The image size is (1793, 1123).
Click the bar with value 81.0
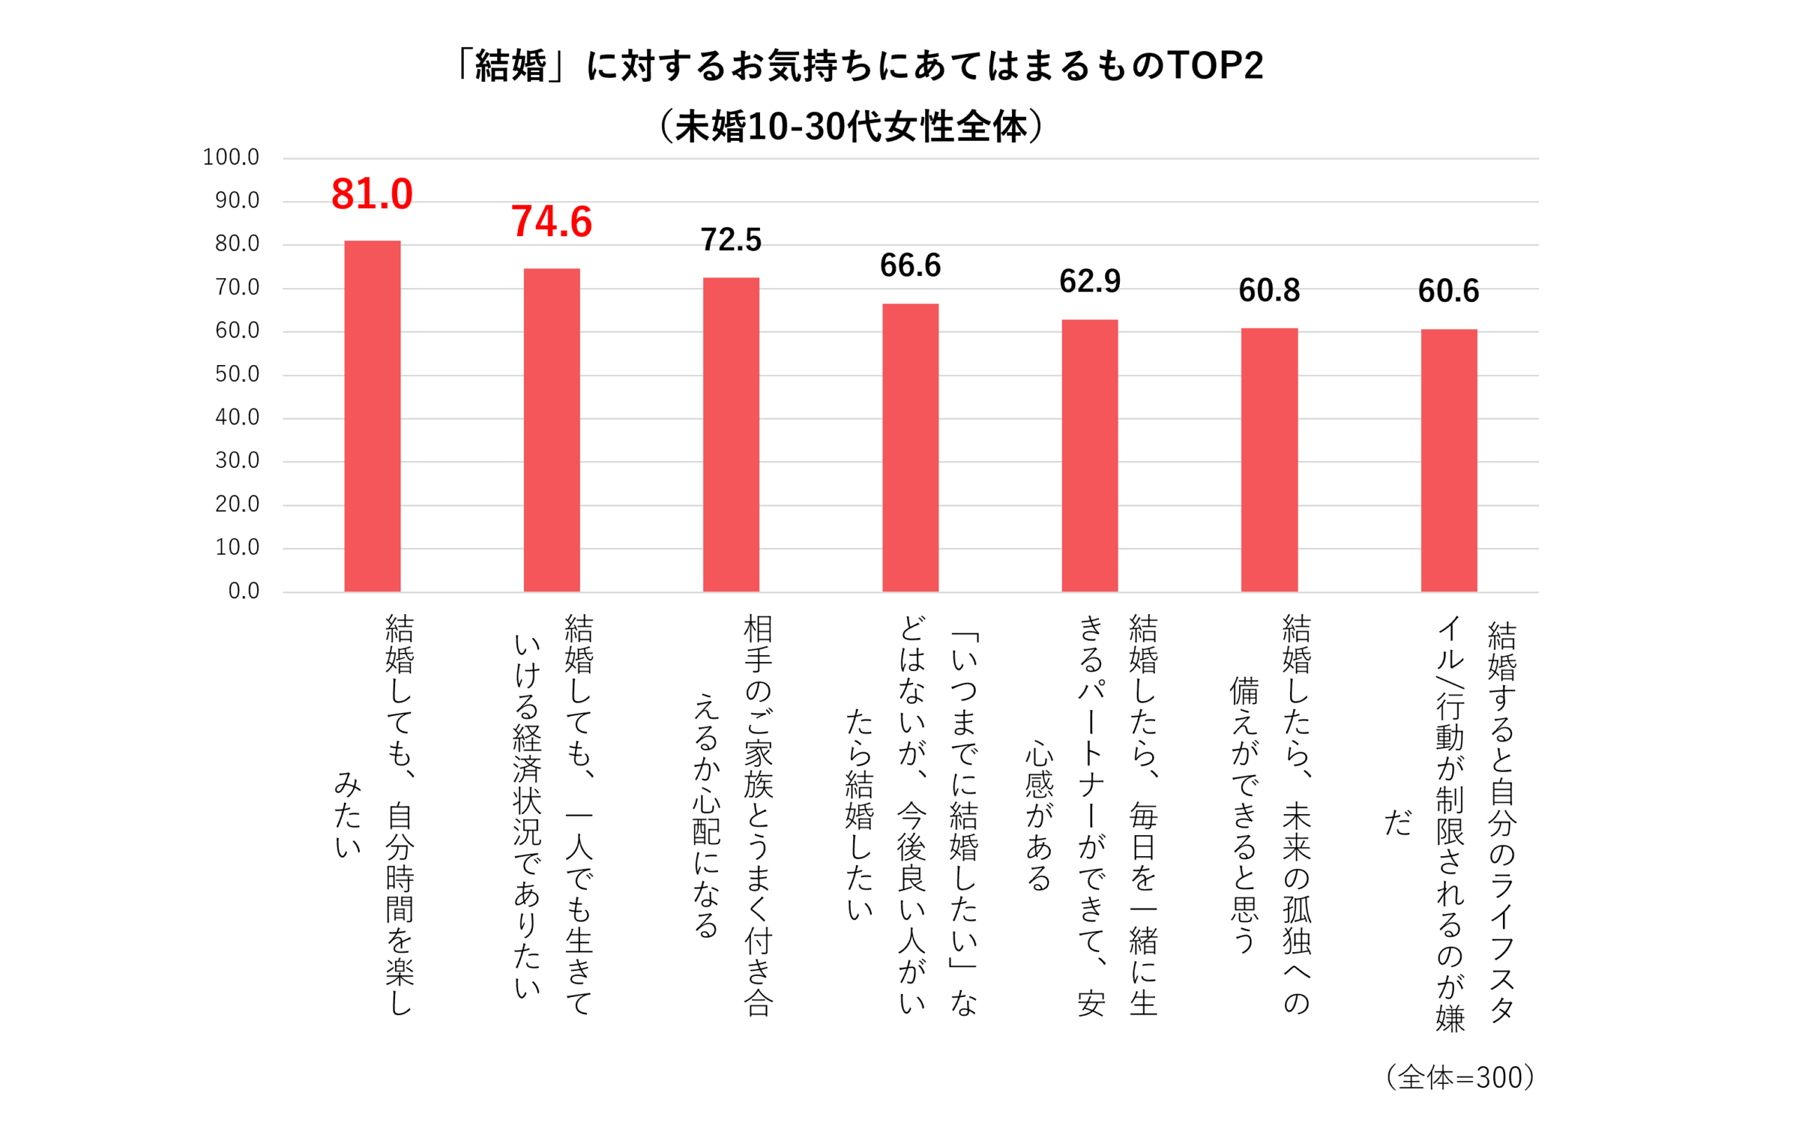click(x=372, y=416)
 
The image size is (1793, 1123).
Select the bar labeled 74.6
click(x=552, y=430)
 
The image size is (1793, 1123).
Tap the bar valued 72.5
click(x=731, y=434)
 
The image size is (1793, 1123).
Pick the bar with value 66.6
click(x=911, y=448)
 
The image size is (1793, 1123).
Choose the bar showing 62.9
click(x=1090, y=455)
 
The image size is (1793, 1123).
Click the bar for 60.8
click(x=1270, y=460)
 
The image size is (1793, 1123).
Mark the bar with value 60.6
click(x=1448, y=460)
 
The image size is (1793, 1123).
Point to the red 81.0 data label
click(x=372, y=195)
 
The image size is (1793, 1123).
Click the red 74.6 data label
click(x=552, y=222)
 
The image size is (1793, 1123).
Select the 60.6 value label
click(x=1448, y=291)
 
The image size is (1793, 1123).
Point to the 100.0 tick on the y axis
click(x=231, y=158)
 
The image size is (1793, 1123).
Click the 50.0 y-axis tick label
click(x=237, y=374)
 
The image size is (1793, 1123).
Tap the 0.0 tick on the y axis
click(x=244, y=591)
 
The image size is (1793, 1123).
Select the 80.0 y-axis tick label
click(x=237, y=244)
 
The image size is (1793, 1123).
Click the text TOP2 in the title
click(x=1215, y=65)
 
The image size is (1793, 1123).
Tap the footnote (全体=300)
click(x=1460, y=1077)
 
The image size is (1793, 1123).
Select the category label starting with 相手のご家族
click(x=731, y=813)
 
